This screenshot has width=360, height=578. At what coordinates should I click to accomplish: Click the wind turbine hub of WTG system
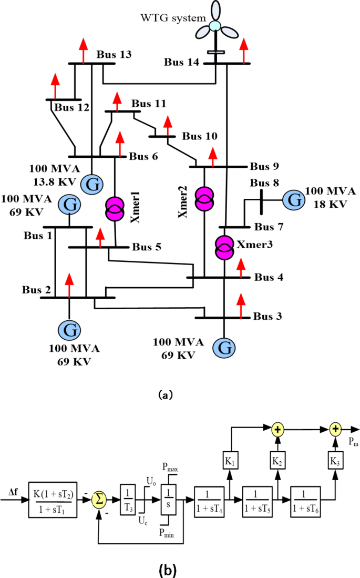tap(215, 25)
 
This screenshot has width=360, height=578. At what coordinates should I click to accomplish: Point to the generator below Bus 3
tap(224, 347)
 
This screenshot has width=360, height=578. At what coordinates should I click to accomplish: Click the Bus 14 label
tap(182, 63)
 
